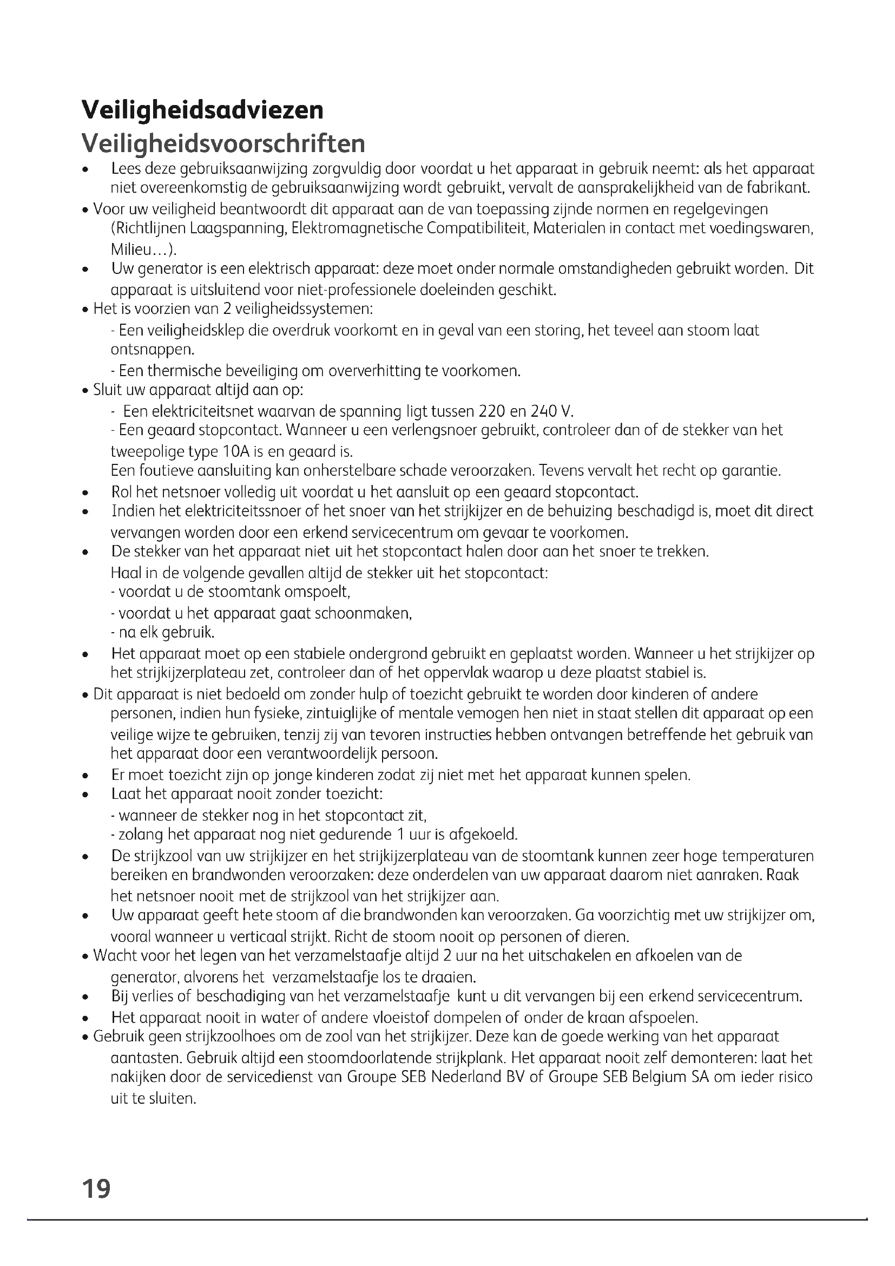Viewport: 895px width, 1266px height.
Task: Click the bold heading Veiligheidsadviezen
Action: (x=202, y=110)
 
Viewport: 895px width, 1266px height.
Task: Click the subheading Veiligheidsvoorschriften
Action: (x=223, y=143)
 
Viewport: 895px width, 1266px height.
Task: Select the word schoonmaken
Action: (x=363, y=613)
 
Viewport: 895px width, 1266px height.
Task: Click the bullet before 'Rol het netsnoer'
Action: (x=85, y=493)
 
